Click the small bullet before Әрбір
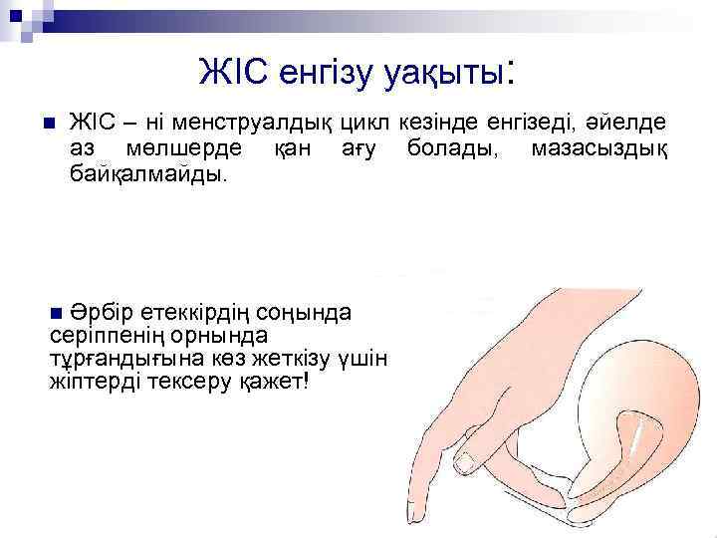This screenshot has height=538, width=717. tap(56, 313)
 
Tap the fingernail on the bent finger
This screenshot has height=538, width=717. tap(469, 459)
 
